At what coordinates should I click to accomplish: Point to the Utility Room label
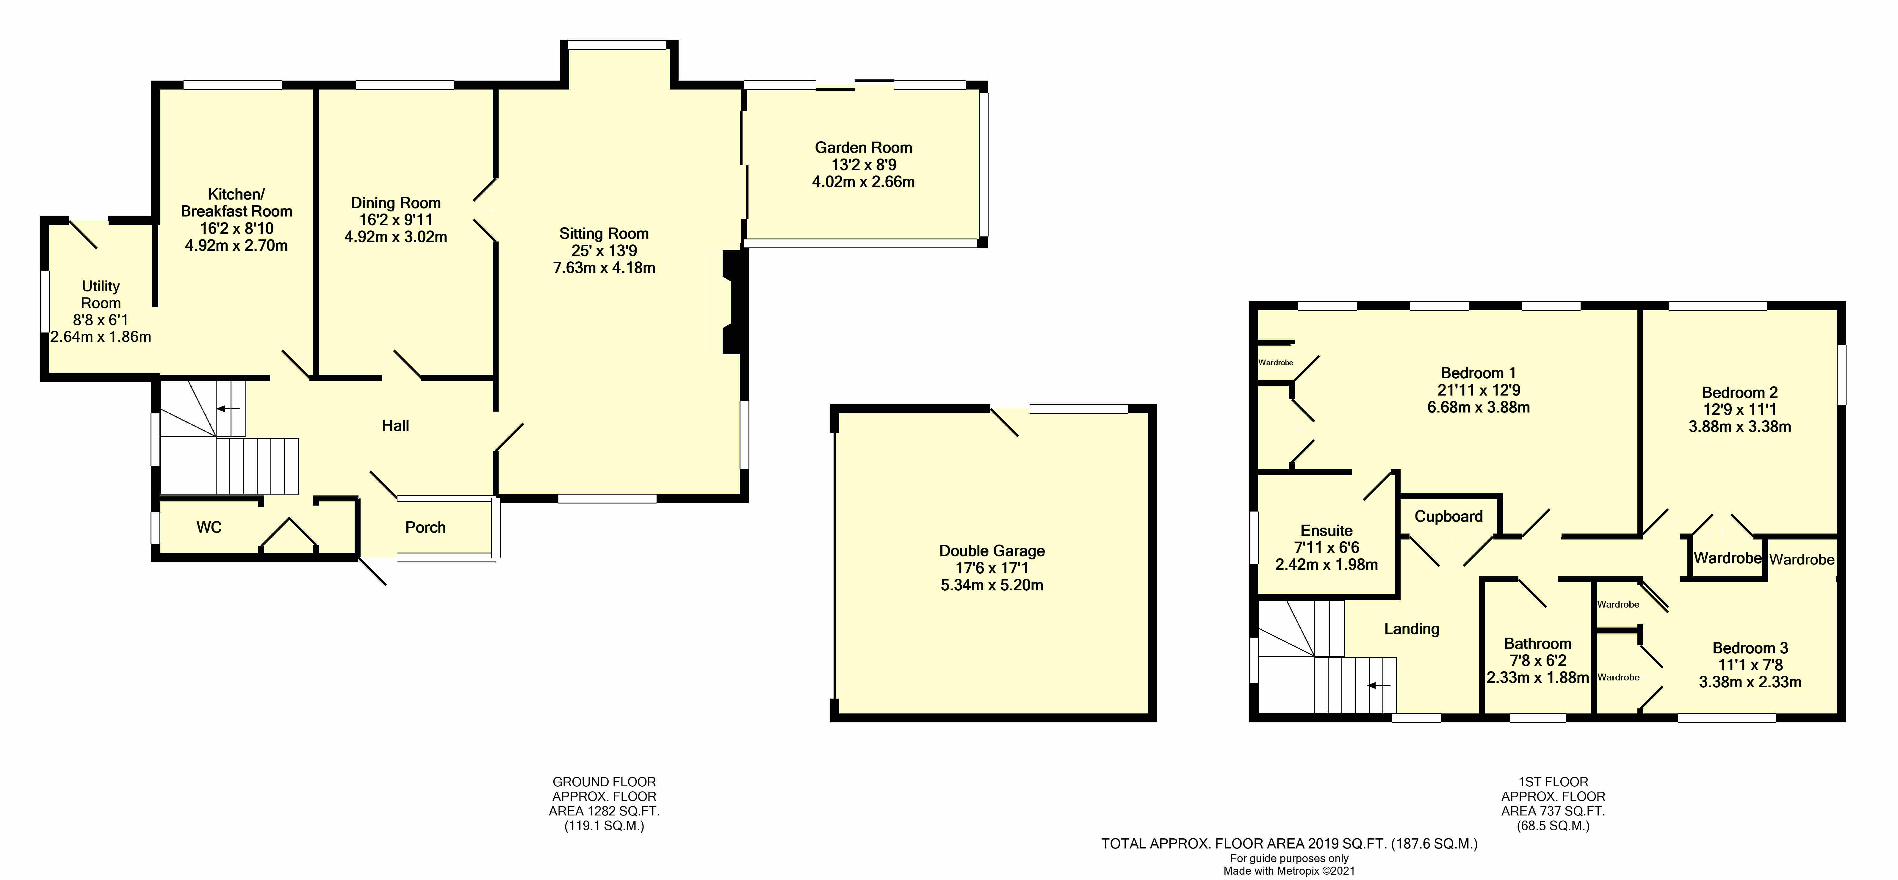coord(101,294)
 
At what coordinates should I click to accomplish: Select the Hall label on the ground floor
coord(396,426)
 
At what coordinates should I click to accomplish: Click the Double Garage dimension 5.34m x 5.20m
coord(992,586)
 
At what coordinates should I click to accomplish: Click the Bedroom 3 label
coord(1750,648)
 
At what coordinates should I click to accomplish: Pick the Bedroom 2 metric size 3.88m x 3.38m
coord(1740,426)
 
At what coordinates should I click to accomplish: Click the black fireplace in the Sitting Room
coord(733,302)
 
